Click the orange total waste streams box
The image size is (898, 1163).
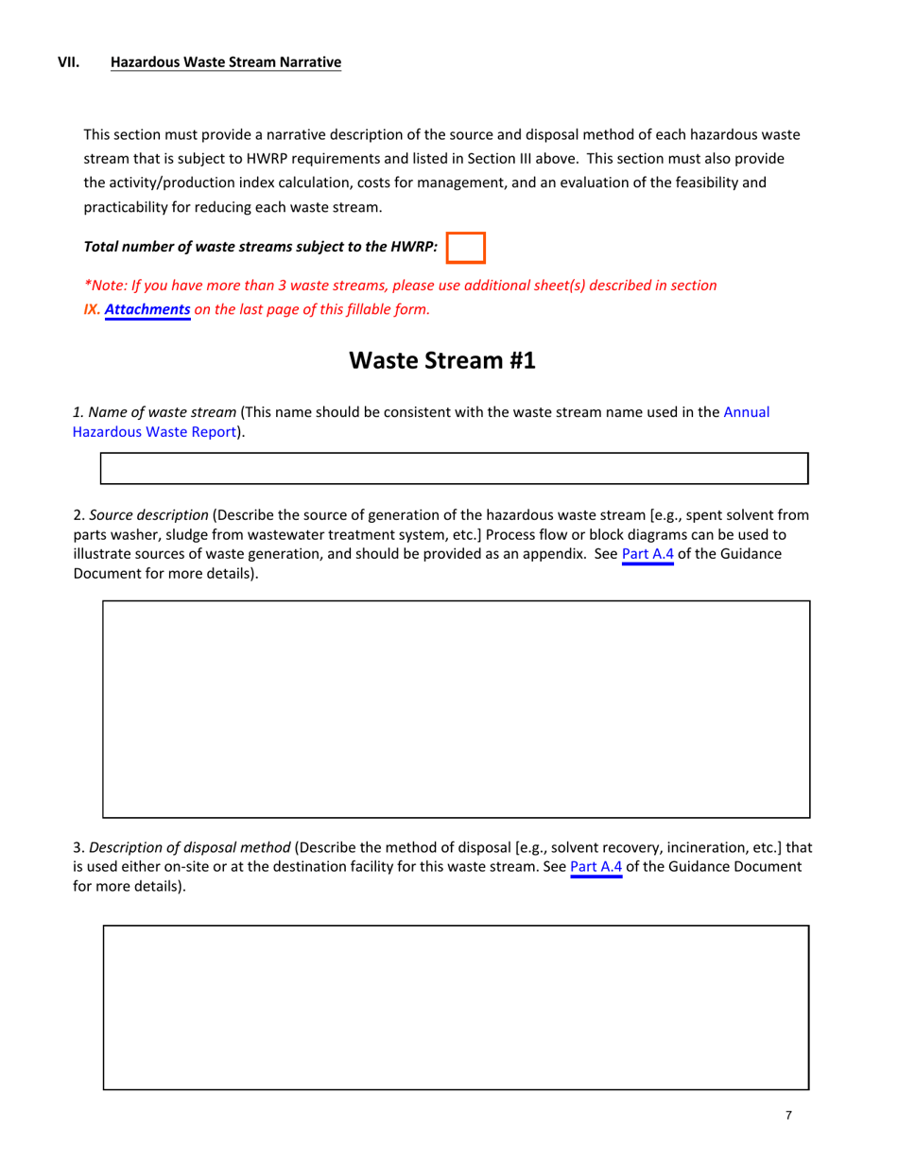tap(465, 248)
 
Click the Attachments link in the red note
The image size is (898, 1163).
tap(147, 308)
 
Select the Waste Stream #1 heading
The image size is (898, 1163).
tap(442, 360)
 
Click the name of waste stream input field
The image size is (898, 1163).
tap(455, 469)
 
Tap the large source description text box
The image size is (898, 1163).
tap(456, 709)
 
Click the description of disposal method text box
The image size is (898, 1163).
tap(456, 1007)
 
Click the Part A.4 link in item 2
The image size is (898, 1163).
tap(648, 554)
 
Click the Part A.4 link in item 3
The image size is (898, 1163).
tap(596, 866)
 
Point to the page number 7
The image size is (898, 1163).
tap(788, 1116)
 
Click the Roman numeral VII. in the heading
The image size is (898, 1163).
tap(69, 63)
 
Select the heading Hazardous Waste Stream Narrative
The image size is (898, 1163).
tap(226, 63)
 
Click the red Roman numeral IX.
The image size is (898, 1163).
tap(92, 308)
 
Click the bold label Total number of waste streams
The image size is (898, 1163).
tap(261, 248)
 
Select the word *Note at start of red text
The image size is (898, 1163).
tap(106, 285)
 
